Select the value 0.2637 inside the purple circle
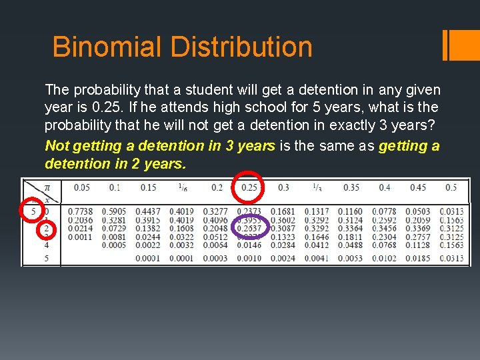[x=249, y=229]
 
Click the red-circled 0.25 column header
[x=249, y=188]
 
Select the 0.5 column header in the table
[x=451, y=188]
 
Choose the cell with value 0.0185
[x=418, y=258]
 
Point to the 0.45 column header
[x=418, y=188]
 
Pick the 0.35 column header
[x=351, y=188]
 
